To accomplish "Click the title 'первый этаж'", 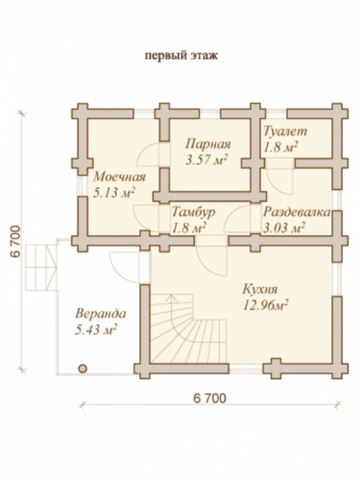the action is click(181, 56).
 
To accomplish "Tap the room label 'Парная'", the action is click(208, 144).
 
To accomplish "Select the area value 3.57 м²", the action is click(207, 160).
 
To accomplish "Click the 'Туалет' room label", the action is click(285, 131).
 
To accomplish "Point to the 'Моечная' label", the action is click(120, 177).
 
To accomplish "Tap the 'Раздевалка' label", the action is click(297, 212).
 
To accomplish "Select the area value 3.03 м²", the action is click(284, 228).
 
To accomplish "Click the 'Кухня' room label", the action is click(260, 289).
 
